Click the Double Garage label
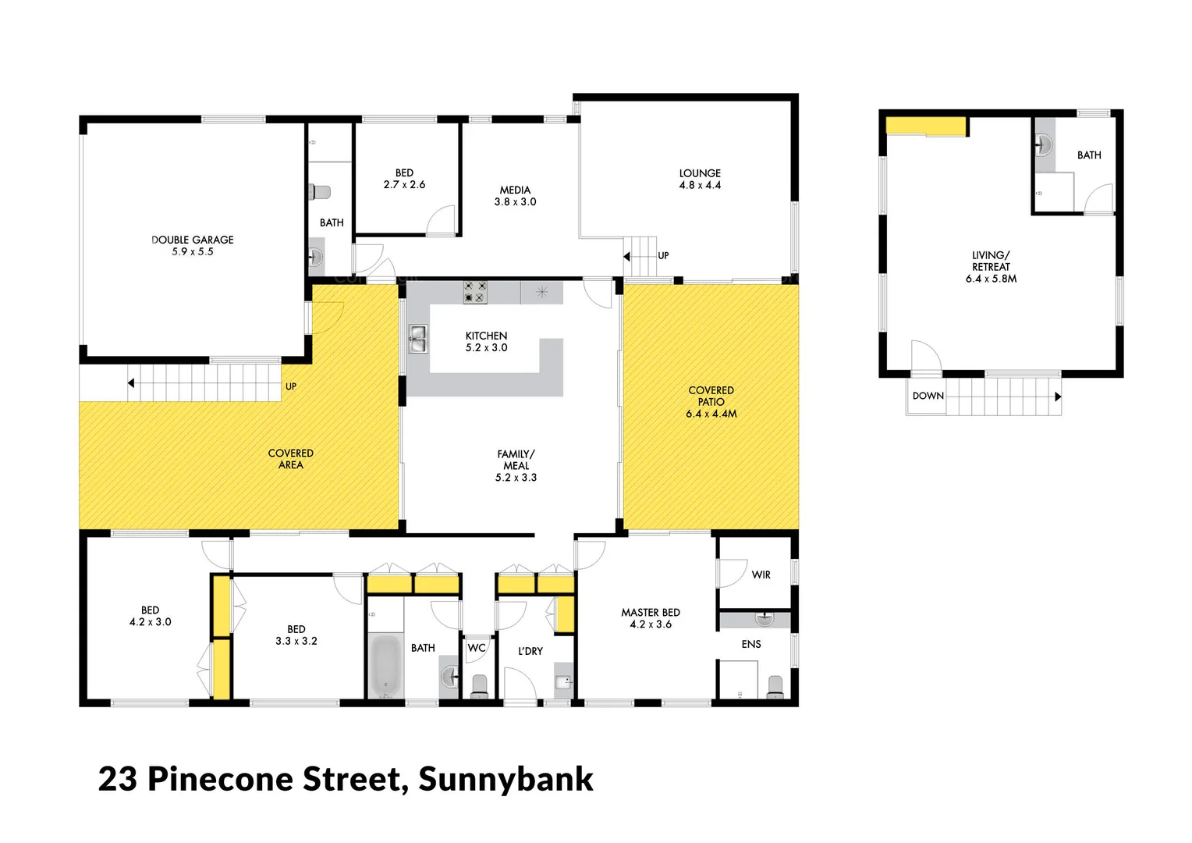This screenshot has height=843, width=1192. (192, 245)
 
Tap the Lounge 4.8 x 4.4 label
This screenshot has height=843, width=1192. (700, 179)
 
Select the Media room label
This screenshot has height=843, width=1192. (515, 195)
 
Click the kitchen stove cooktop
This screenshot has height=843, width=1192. (475, 292)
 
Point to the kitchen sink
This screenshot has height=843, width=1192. (418, 340)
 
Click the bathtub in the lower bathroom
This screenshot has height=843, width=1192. (385, 667)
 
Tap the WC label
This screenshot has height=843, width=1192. (477, 648)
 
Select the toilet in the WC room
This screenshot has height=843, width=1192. (479, 685)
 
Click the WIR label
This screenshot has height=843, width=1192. (761, 574)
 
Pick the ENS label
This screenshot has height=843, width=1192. (751, 644)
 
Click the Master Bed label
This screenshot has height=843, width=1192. (650, 618)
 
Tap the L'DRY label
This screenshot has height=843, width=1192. (530, 651)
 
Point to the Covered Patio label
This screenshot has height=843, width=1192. (711, 401)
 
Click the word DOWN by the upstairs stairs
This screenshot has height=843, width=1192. (928, 396)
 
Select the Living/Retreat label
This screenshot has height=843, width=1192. (991, 266)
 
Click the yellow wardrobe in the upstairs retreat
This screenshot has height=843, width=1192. (926, 126)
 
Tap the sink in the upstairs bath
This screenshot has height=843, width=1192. (1045, 144)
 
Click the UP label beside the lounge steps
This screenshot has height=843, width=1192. (663, 255)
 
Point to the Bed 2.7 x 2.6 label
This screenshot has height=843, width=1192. (404, 179)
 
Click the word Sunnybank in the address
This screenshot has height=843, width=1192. (506, 779)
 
